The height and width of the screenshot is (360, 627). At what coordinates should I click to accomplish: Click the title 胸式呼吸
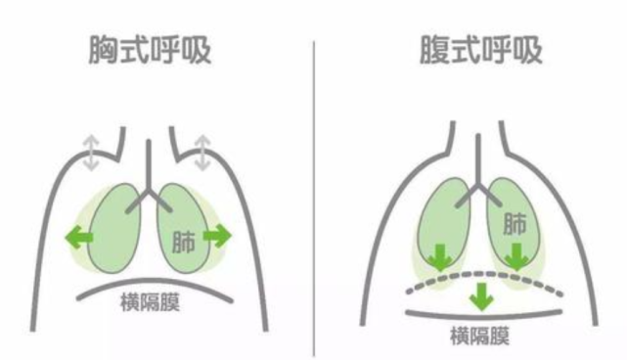coord(154,52)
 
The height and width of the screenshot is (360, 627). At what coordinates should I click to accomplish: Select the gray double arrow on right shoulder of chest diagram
coord(203,153)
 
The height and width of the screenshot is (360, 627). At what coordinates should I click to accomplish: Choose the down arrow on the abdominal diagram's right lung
coord(515,255)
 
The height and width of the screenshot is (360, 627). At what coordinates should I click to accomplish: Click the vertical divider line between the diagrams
coord(314,196)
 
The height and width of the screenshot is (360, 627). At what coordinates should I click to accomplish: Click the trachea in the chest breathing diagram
coord(148,166)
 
